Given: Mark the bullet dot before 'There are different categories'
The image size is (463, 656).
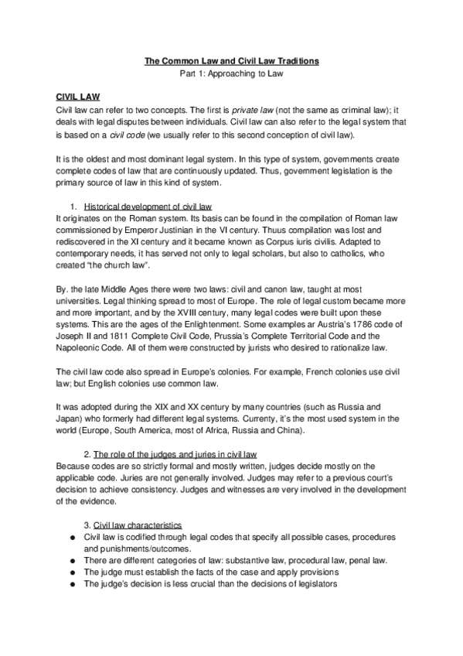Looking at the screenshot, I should click(x=70, y=561).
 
